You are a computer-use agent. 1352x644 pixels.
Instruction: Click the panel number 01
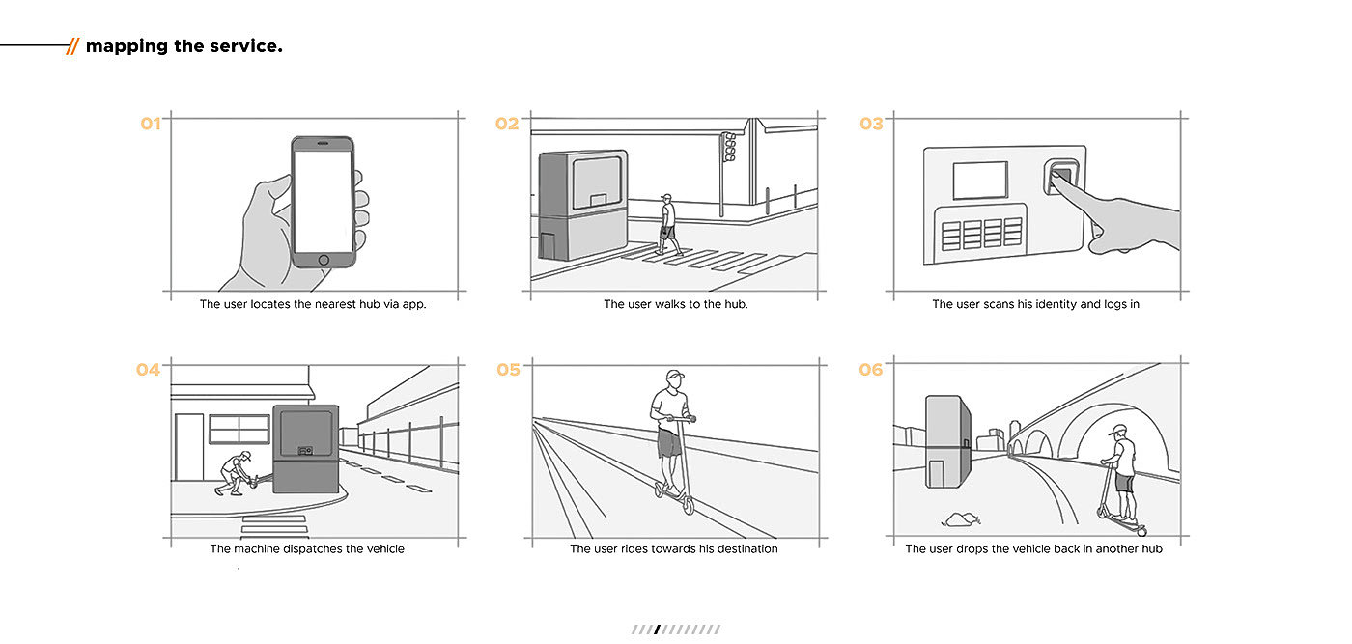pos(151,124)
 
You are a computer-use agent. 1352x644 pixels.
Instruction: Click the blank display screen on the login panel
pos(979,181)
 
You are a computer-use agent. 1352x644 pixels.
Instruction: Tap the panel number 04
pos(148,369)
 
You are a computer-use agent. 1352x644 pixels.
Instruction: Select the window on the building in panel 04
pos(239,429)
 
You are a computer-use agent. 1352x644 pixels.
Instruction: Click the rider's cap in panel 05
pos(673,376)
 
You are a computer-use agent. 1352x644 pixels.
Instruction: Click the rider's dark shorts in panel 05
pos(669,442)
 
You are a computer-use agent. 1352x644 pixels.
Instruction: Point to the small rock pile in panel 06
pos(961,519)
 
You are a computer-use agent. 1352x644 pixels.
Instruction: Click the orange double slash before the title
pos(72,46)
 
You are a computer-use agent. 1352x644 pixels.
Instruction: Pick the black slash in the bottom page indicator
pos(657,630)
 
